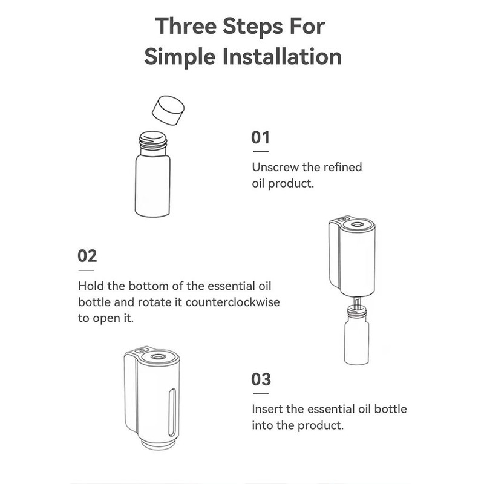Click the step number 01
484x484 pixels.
coord(260,138)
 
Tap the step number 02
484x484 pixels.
coord(87,255)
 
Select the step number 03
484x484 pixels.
coord(261,379)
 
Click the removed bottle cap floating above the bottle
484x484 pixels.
coord(168,110)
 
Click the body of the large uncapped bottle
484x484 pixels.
coord(152,185)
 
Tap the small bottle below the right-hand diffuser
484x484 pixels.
coord(356,342)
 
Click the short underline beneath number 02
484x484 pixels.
coord(87,270)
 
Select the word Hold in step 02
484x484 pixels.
coord(91,286)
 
